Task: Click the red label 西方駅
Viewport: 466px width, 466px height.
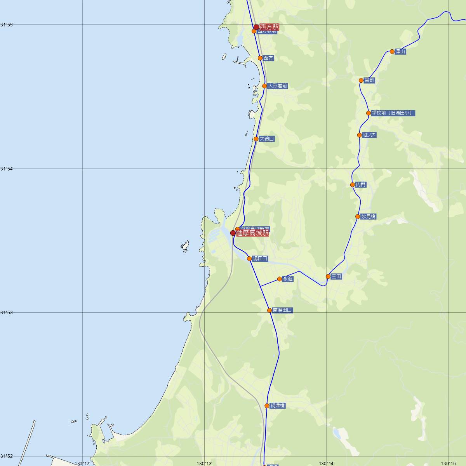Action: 269,27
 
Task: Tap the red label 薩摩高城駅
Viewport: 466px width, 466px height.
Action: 252,233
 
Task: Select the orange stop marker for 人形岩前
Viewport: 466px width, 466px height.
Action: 264,86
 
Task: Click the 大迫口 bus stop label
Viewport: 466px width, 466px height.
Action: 267,139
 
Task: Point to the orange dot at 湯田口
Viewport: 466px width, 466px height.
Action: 249,258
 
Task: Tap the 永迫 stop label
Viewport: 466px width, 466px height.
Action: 288,279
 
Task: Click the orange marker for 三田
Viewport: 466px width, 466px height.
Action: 328,276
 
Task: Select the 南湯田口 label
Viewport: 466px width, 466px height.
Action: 282,310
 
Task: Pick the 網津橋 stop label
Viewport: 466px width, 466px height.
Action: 278,405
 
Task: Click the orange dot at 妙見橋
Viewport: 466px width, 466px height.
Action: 358,216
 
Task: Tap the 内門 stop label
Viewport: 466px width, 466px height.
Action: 361,185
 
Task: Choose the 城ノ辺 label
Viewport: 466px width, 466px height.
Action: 369,135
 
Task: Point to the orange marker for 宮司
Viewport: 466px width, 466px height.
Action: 361,80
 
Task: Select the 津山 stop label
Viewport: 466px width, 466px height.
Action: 400,51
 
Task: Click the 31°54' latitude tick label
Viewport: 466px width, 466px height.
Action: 7,169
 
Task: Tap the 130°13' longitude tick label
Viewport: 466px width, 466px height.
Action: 205,463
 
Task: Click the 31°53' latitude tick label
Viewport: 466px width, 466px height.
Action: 7,312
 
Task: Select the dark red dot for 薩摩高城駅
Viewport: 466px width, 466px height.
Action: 233,233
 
